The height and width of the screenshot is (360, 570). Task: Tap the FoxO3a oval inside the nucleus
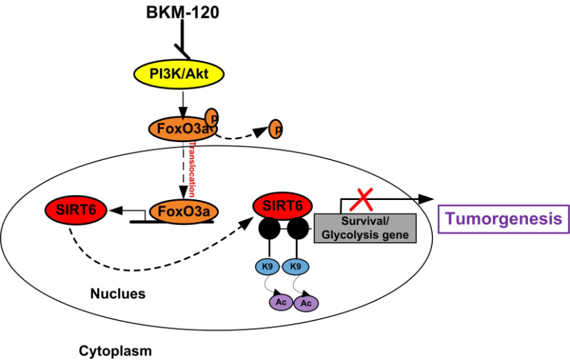tap(184, 212)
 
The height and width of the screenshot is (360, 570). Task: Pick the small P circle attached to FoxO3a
tap(213, 117)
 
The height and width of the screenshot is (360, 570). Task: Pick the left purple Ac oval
tap(281, 303)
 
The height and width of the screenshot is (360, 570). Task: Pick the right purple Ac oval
tap(308, 303)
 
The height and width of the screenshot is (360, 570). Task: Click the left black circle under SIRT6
tap(269, 229)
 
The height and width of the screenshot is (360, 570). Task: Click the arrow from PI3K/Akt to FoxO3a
tap(183, 102)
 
